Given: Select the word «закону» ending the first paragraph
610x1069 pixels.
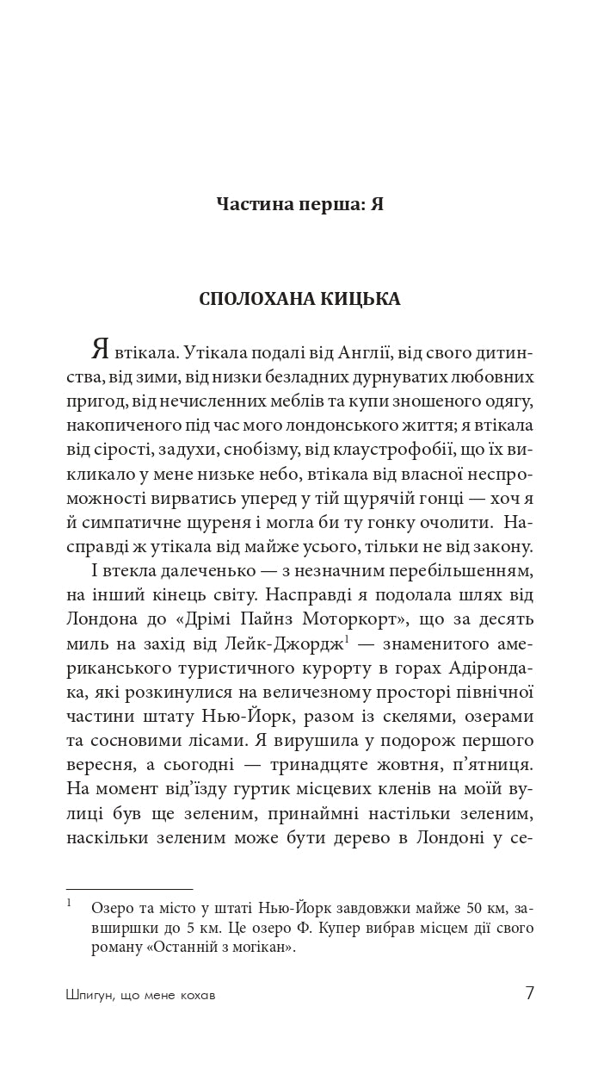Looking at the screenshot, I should coord(498,546).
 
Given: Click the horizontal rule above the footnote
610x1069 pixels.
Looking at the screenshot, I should coord(129,889).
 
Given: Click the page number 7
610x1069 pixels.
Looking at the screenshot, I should coord(529,992).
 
